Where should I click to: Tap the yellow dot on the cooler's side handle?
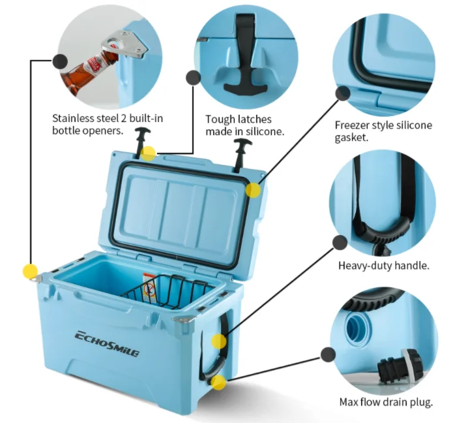pyautogui.click(x=219, y=341)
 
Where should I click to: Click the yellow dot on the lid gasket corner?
pyautogui.click(x=253, y=190)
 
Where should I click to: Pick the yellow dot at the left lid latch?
pyautogui.click(x=149, y=153)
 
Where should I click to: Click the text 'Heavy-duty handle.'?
pyautogui.click(x=383, y=266)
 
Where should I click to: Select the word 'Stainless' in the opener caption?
pyautogui.click(x=74, y=118)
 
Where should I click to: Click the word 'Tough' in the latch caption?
pyautogui.click(x=219, y=119)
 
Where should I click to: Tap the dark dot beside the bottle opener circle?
pyautogui.click(x=59, y=62)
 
